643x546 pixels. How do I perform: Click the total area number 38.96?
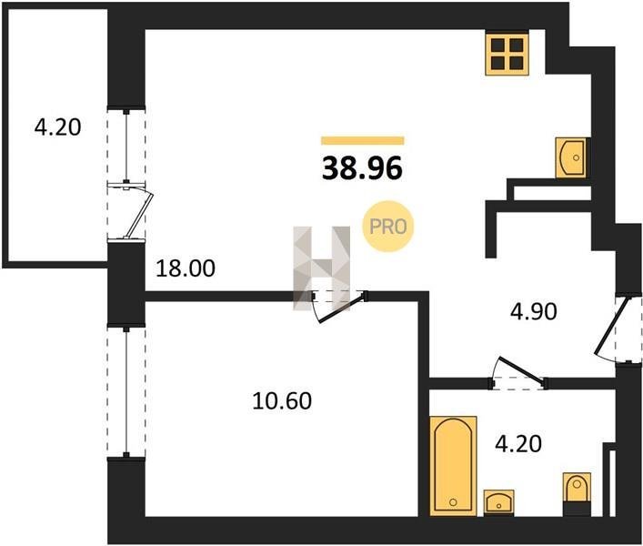362,168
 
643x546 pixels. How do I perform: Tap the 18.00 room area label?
186,269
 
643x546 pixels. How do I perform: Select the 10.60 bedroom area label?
282,400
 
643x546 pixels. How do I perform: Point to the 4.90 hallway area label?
534,311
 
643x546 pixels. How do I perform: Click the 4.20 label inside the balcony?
58,127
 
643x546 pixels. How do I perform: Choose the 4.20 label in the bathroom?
518,443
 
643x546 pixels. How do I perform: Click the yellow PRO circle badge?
388,226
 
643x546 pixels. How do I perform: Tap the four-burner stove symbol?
507,55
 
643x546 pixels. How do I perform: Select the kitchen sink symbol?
572,157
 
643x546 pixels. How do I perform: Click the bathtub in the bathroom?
453,466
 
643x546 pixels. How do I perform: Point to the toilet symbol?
577,493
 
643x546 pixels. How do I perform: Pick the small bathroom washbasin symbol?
498,501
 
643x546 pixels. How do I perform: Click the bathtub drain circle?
453,502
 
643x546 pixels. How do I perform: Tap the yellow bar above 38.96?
363,141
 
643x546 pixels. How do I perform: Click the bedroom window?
126,391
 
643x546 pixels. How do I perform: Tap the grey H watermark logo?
322,268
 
